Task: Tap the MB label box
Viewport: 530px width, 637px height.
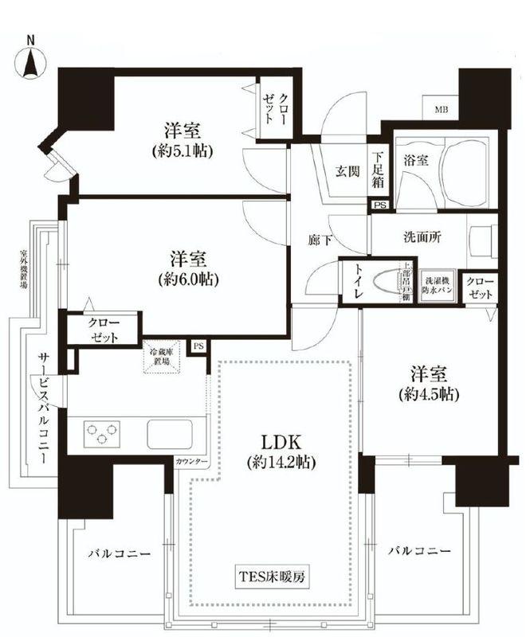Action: [441, 109]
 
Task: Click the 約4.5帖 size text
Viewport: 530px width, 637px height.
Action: [431, 393]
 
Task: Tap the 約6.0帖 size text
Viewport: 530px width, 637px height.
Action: [188, 279]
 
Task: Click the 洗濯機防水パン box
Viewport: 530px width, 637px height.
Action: [437, 286]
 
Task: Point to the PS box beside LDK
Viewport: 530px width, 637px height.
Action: [198, 346]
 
